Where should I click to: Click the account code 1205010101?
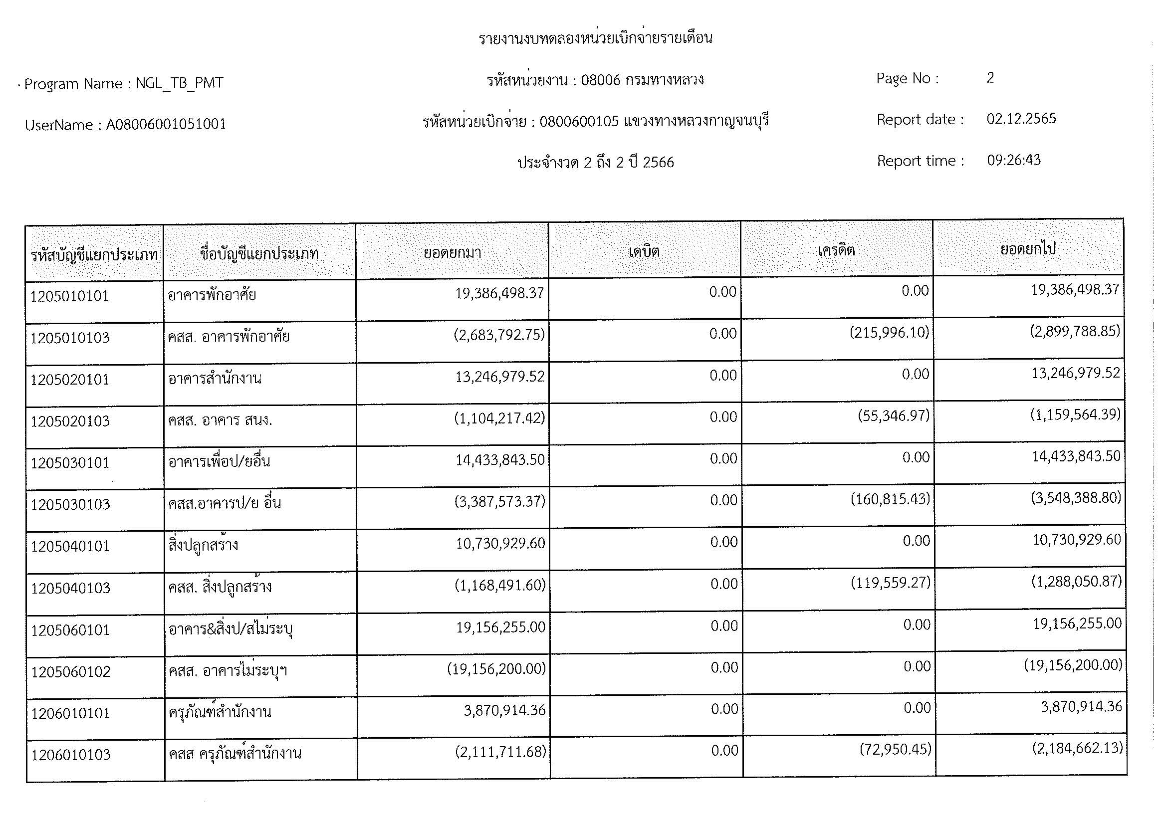[x=70, y=296]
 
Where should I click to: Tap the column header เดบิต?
[x=644, y=251]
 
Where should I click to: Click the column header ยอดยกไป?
[x=1028, y=249]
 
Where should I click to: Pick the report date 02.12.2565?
[x=1021, y=119]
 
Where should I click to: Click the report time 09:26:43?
[x=1013, y=161]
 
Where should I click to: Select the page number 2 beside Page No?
[x=990, y=78]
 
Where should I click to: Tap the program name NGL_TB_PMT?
[x=180, y=83]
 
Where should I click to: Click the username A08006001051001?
[x=166, y=125]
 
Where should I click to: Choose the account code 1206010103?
[x=71, y=755]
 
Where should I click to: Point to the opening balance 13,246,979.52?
[x=499, y=377]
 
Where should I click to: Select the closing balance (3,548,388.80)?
[x=1076, y=497]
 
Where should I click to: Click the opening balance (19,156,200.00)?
[x=496, y=668]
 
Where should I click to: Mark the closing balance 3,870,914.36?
[x=1081, y=707]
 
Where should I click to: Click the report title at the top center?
[x=595, y=38]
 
